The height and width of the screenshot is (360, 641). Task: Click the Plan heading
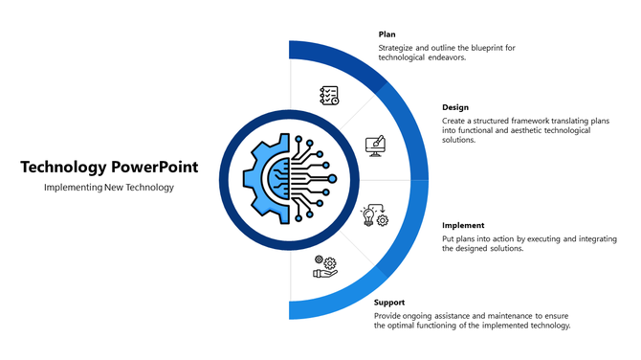click(387, 34)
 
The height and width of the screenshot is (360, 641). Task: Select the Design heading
click(455, 107)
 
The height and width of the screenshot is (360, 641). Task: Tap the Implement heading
click(463, 225)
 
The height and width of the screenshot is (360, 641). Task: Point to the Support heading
click(390, 302)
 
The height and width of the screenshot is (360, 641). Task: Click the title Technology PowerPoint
click(109, 167)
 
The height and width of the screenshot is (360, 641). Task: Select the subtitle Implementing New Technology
click(109, 187)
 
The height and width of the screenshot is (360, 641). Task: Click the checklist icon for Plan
click(329, 95)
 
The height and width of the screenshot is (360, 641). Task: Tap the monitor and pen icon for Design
click(375, 146)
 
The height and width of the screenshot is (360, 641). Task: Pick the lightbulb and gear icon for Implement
click(373, 215)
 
